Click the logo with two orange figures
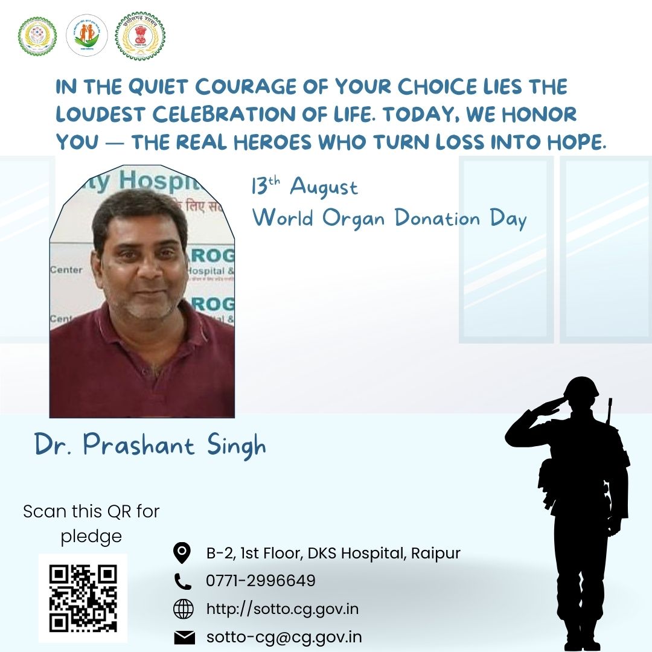click(86, 35)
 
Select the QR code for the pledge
click(83, 598)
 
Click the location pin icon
click(182, 552)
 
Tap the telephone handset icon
click(182, 581)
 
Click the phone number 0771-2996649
click(261, 581)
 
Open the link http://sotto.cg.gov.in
click(283, 609)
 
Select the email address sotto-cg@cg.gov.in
click(284, 638)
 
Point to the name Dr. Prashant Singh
click(150, 446)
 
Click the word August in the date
click(324, 187)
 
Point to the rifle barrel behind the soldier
click(610, 411)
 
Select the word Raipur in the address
click(435, 552)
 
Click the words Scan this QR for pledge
click(91, 523)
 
